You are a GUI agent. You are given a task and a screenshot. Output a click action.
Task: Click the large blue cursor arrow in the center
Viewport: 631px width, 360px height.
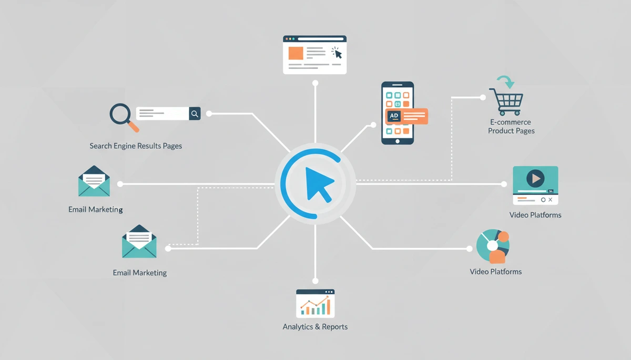[x=318, y=183]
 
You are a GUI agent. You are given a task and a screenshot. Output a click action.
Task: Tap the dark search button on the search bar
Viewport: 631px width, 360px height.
[x=195, y=114]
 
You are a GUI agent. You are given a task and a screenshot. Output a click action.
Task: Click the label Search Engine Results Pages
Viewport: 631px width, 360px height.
[x=136, y=146]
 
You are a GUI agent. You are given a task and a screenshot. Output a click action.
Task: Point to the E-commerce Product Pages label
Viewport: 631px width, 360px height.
[x=511, y=126]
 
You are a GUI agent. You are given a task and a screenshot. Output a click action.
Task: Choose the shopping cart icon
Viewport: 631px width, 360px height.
[x=506, y=101]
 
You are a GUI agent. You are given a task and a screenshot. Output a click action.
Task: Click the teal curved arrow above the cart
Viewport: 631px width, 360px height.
[x=506, y=81]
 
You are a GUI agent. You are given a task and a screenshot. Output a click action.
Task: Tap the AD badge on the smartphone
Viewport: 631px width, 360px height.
[x=394, y=116]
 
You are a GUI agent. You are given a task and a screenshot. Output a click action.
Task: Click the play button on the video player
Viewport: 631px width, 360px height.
[x=535, y=178]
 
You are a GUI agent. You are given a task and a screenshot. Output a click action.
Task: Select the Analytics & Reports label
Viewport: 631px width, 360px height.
[x=315, y=327]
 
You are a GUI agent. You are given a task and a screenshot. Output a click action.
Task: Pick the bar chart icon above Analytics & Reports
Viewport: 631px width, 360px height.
[x=315, y=303]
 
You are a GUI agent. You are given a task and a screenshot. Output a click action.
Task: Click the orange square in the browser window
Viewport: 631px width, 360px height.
[x=296, y=53]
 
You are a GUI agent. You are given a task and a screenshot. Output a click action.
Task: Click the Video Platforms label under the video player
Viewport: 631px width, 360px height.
[x=535, y=215]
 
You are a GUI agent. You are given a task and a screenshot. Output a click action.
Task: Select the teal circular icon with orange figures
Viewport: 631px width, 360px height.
[x=493, y=246]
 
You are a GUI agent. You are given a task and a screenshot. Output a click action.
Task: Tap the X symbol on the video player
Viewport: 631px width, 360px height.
[x=550, y=200]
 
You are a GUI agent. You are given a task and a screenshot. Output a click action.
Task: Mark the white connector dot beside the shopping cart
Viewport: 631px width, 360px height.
[x=483, y=97]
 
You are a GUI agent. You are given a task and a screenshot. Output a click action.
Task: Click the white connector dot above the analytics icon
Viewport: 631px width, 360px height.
[x=315, y=281]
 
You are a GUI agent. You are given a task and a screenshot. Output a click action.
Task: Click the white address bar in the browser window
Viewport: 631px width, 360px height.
[x=321, y=39]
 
